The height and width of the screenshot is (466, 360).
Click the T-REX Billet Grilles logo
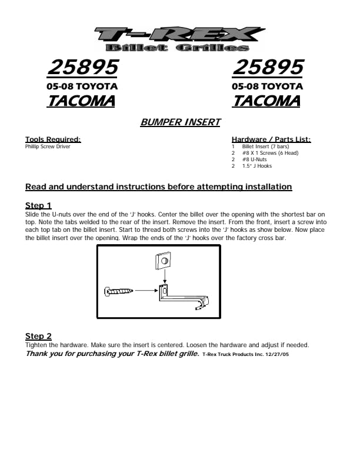coord(179,39)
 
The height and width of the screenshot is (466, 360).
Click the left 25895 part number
coord(82,68)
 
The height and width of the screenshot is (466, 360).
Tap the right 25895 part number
coord(268,68)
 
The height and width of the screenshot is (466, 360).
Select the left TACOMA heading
coord(81,101)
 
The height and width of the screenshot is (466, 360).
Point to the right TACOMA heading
coord(266,101)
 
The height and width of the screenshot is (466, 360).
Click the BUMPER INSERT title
coord(180,122)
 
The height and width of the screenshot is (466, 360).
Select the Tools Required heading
coord(53,139)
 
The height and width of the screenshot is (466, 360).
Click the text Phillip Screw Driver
coord(48,147)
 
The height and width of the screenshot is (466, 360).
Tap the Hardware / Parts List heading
coord(271,139)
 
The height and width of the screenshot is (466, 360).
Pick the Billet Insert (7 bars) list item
coord(264,147)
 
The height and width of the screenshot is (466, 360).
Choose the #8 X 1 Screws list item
coord(270,153)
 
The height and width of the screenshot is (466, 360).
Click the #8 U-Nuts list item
coord(254,159)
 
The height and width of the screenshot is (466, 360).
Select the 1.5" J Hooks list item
coord(257,166)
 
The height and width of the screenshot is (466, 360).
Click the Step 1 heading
coord(38,205)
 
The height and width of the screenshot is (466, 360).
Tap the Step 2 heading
coord(38,336)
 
